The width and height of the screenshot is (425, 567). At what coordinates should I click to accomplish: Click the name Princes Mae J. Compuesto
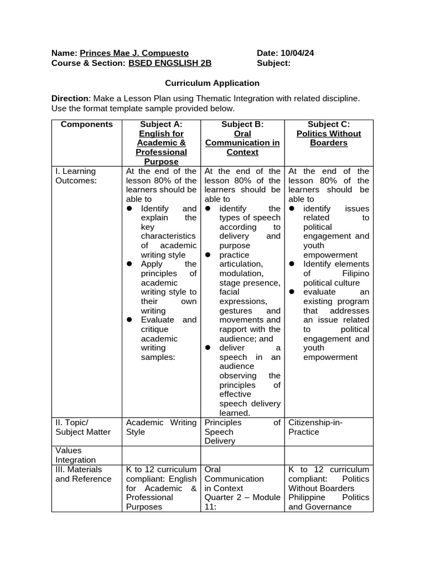pyautogui.click(x=134, y=53)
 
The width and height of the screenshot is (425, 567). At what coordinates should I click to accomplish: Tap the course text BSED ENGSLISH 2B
pyautogui.click(x=170, y=63)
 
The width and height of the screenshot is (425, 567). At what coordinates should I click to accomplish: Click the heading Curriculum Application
pyautogui.click(x=212, y=83)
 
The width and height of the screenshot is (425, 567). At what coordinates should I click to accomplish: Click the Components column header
pyautogui.click(x=86, y=125)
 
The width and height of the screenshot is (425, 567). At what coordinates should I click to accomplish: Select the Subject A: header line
pyautogui.click(x=161, y=125)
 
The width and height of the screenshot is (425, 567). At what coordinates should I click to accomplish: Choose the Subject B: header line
pyautogui.click(x=242, y=125)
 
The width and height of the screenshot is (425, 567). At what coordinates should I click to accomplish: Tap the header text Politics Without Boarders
pyautogui.click(x=329, y=138)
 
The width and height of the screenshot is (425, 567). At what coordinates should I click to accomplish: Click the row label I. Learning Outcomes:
pyautogui.click(x=76, y=176)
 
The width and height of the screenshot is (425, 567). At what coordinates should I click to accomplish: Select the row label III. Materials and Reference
pyautogui.click(x=84, y=474)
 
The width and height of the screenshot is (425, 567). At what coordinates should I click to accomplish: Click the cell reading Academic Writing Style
pyautogui.click(x=161, y=427)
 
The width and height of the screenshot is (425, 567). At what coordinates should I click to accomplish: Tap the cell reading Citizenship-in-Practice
pyautogui.click(x=315, y=427)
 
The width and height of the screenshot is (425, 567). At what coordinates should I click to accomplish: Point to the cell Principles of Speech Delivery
pyautogui.click(x=242, y=432)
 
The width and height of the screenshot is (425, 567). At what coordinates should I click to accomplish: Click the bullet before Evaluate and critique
pyautogui.click(x=129, y=320)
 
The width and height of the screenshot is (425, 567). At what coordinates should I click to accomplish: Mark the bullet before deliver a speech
pyautogui.click(x=208, y=348)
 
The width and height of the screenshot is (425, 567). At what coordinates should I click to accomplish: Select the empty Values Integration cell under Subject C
pyautogui.click(x=329, y=455)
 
